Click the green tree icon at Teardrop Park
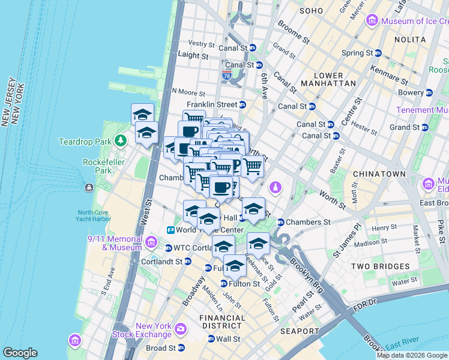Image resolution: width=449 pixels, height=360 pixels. pyautogui.click(x=121, y=140)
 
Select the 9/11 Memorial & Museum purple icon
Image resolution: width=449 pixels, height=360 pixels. pyautogui.click(x=151, y=242)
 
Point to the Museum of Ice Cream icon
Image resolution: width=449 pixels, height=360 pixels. pyautogui.click(x=372, y=22)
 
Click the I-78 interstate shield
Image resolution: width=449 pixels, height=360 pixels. pyautogui.click(x=226, y=75)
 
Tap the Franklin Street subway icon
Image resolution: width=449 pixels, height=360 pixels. pyautogui.click(x=243, y=105)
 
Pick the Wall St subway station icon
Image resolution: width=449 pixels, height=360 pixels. pyautogui.click(x=211, y=339)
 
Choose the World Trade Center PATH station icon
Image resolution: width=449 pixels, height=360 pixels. pyautogui.click(x=171, y=230)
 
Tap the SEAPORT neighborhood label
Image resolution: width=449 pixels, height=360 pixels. pyautogui.click(x=300, y=331)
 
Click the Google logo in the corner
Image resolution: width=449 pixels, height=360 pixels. pyautogui.click(x=20, y=353)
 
